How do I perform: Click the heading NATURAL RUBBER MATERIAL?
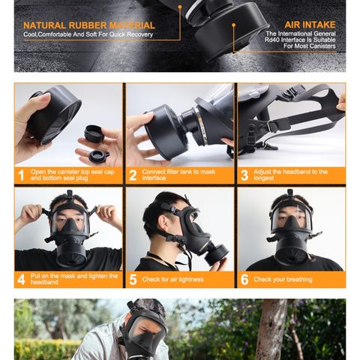[89, 25]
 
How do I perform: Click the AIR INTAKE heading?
[310, 25]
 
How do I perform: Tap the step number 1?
[22, 175]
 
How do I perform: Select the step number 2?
[133, 175]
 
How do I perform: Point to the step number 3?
[244, 175]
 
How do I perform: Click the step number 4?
[22, 280]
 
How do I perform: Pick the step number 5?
[133, 280]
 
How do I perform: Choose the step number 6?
[244, 280]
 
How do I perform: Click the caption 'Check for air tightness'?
[172, 279]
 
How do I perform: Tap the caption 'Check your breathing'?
[283, 279]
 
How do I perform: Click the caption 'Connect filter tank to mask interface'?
[178, 175]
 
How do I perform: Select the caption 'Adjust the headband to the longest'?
[290, 175]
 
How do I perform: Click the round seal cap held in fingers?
[94, 133]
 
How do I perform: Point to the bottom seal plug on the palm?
[98, 157]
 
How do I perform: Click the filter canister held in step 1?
[54, 114]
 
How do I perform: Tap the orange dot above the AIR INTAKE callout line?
[234, 25]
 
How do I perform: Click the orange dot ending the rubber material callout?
[180, 7]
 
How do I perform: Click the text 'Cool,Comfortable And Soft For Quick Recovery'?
[88, 34]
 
